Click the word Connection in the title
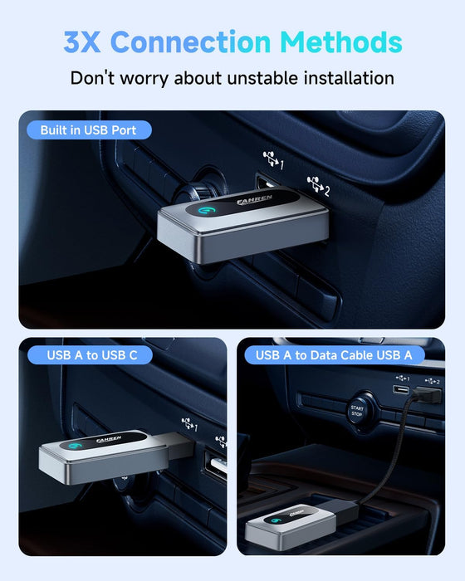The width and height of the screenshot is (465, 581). coord(191,41)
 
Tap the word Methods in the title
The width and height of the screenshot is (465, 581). coord(341,41)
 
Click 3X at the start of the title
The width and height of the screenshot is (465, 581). coord(82,41)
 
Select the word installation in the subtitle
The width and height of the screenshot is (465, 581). coord(349,78)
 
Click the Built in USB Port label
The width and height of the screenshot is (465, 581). coord(89,130)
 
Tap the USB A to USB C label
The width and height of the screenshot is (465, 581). coord(91,355)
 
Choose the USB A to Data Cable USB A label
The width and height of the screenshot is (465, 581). coord(334,355)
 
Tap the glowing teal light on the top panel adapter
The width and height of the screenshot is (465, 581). coord(205,210)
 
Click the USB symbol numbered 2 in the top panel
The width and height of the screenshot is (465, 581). coord(318,185)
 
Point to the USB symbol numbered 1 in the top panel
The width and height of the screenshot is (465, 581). coord(274,159)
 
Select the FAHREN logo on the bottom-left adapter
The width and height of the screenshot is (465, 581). coord(109,439)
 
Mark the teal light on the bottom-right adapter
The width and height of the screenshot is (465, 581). coord(276,520)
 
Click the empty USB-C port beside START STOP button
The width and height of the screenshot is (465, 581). coord(401,390)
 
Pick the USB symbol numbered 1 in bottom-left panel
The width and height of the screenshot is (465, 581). coord(189,424)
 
